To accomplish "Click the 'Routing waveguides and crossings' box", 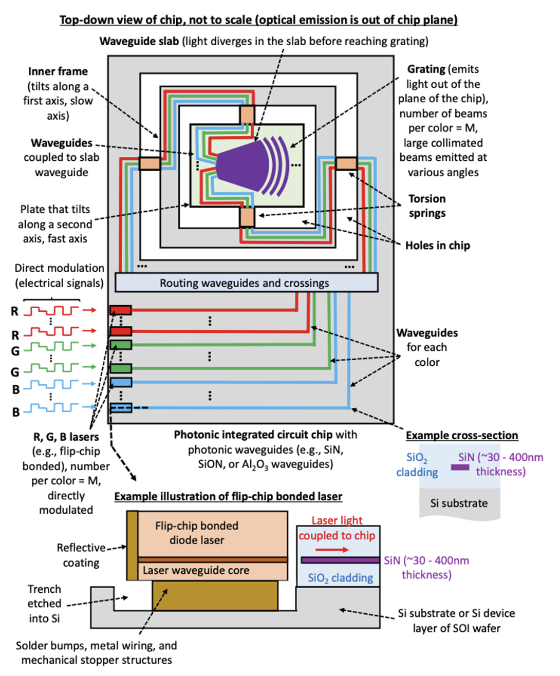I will coord(246,283).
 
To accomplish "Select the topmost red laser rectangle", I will coord(121,310).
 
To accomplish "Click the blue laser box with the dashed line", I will coord(121,408).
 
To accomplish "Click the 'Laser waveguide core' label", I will coord(196,571).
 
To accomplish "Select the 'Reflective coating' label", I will coord(81,555).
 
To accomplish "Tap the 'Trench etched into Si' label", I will coord(44,604).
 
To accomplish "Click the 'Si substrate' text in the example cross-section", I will coord(459,503).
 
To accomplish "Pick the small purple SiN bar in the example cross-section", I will coord(460,467).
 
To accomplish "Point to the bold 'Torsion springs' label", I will coord(427,205).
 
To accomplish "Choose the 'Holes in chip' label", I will coord(437,246).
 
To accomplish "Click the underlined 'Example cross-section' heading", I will coord(461,436).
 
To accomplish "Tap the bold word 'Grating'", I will coord(426,69).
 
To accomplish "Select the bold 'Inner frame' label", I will coord(58,71).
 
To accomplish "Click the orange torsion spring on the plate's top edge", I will coord(247,115).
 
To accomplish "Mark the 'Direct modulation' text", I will coord(59,268).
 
